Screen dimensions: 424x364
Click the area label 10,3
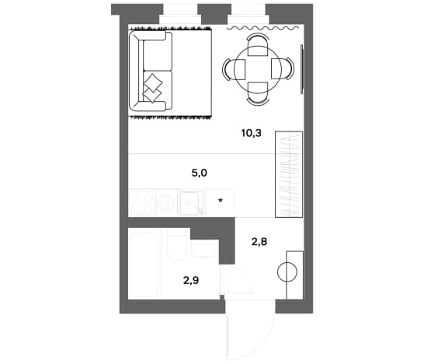pos(252,133)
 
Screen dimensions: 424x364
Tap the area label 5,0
pos(200,173)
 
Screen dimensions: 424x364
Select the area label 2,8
pos(259,242)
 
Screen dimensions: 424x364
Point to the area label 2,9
pos(191,280)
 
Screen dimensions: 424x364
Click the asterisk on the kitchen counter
pos(221,201)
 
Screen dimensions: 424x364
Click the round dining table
pos(258,69)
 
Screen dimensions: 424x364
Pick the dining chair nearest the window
pos(258,44)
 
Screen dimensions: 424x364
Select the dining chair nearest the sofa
pos(234,69)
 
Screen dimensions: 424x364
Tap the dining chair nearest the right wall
pos(283,68)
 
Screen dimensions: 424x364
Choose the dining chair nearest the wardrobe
pos(258,93)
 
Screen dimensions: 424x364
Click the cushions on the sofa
pos(152,88)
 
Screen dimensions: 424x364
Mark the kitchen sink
pos(191,202)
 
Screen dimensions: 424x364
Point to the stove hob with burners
pos(143,202)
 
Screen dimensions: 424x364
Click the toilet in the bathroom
pos(176,245)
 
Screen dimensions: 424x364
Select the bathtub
pos(145,264)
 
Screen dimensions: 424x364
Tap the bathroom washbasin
pos(205,249)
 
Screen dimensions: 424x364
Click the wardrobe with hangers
pos(289,174)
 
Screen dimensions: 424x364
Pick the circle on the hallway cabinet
pos(287,272)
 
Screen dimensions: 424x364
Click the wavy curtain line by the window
pos(262,28)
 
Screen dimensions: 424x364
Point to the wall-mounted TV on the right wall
pos(302,68)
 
